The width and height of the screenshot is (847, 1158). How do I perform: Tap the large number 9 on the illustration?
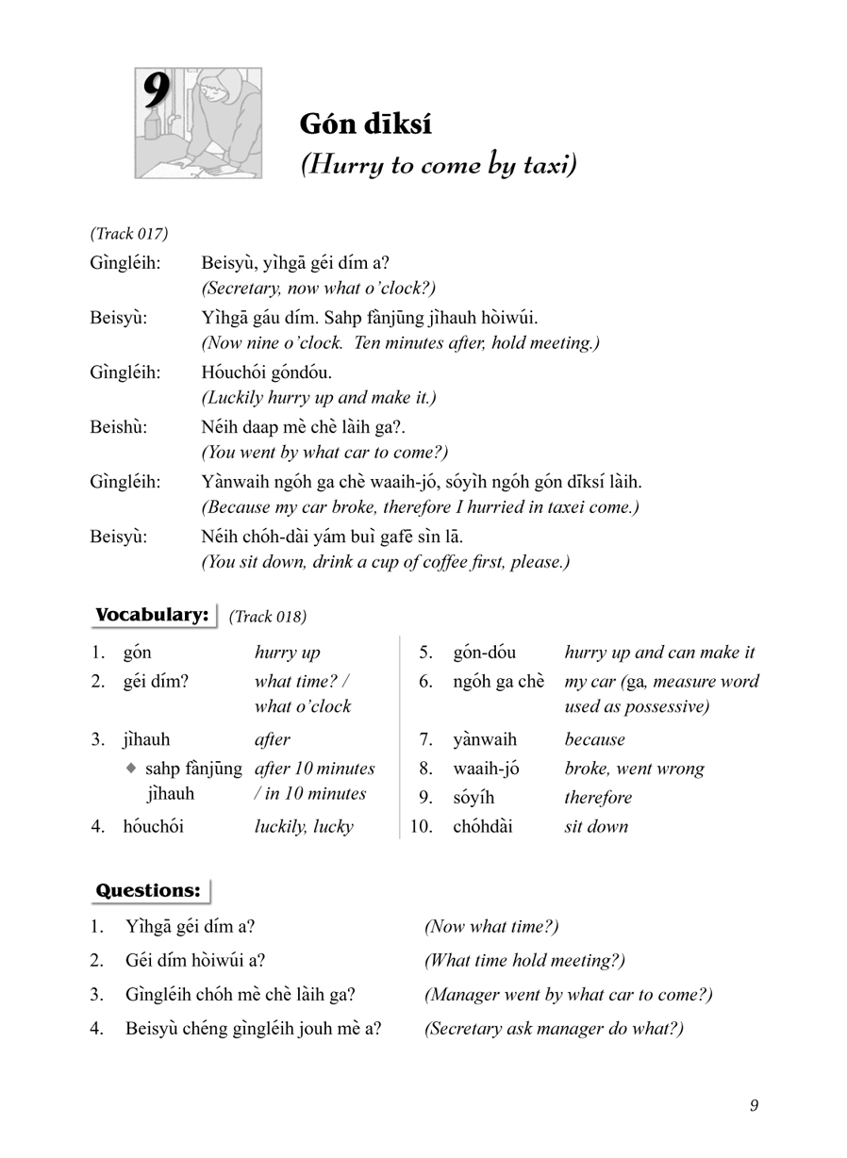(157, 94)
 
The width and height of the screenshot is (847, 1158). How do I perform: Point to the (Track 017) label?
(129, 233)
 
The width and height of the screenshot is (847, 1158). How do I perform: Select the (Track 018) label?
(268, 617)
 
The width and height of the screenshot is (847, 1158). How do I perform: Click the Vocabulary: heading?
(151, 616)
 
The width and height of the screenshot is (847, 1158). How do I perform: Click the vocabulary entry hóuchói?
(153, 827)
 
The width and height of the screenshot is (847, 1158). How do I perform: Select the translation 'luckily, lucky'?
(304, 827)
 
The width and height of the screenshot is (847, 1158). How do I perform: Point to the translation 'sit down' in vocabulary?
(596, 827)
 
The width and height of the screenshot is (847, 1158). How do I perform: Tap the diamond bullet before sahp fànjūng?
(131, 769)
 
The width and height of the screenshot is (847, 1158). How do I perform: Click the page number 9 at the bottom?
(754, 1106)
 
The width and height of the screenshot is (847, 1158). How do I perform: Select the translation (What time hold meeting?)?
(524, 961)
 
